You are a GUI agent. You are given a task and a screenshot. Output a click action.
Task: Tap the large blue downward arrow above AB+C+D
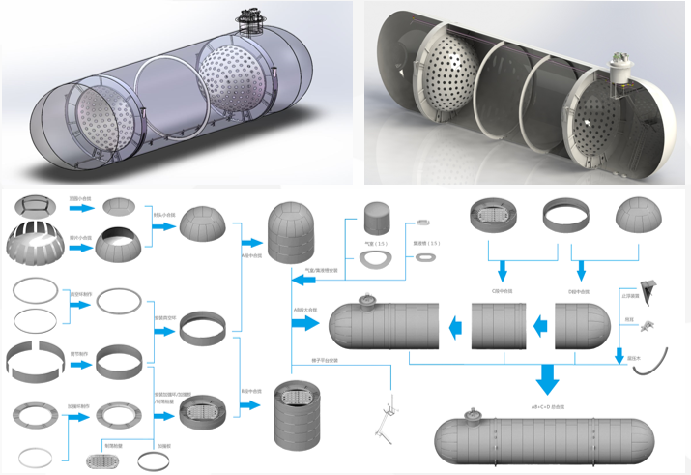[x=548, y=380]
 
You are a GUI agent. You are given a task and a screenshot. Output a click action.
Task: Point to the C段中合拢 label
[x=501, y=289]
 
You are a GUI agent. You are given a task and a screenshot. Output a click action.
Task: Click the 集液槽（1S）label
[x=425, y=243]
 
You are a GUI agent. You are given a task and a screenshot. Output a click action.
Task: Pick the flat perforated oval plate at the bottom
[x=104, y=460]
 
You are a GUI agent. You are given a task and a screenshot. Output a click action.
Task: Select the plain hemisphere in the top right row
[x=640, y=217]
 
